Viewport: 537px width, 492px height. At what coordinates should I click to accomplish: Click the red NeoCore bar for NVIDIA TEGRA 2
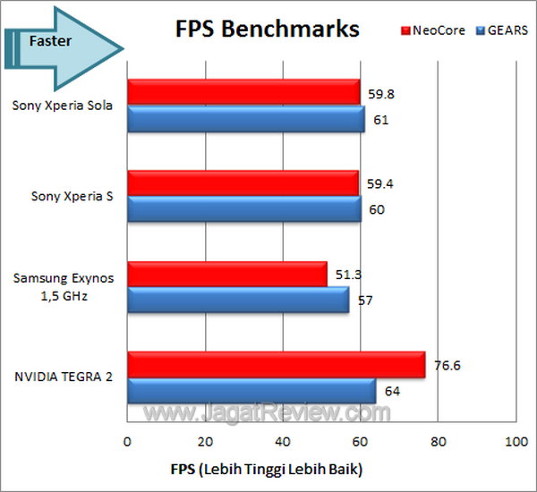point(276,365)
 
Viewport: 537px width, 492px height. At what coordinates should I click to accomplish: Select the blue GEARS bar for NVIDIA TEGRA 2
point(251,391)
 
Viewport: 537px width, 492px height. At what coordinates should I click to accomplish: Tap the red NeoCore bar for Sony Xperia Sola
point(243,92)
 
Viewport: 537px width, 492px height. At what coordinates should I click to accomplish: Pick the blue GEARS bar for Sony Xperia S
point(244,209)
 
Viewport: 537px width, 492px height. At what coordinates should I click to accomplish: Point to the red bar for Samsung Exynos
point(227,275)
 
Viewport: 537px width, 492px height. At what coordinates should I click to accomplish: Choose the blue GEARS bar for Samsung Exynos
point(238,301)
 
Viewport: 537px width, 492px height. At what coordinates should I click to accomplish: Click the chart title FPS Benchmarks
point(266,29)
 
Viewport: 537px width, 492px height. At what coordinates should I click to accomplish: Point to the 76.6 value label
point(445,365)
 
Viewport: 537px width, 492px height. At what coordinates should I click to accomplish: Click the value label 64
point(391,391)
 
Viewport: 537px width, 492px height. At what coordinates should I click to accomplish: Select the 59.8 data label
point(379,92)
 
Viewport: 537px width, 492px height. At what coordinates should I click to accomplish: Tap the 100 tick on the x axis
point(516,443)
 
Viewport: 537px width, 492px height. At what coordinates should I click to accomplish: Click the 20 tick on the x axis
point(205,443)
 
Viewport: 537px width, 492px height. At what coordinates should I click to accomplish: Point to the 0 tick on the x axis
point(128,443)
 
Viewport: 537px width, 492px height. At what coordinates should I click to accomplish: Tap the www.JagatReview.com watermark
point(268,413)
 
